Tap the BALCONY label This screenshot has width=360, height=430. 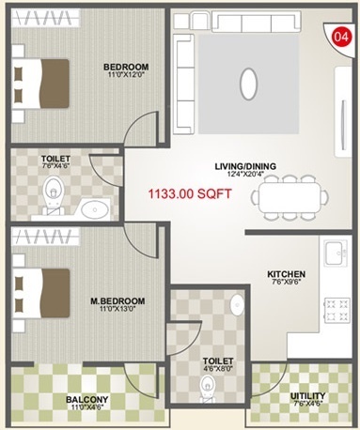86,400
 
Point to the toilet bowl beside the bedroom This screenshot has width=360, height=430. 53,194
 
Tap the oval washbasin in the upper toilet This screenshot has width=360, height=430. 94,208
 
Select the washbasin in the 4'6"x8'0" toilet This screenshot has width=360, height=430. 237,304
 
